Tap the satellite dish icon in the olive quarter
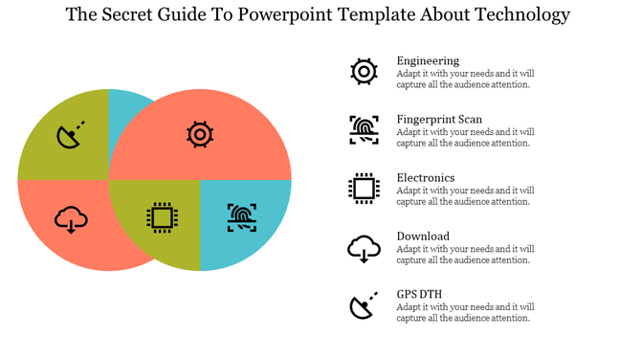[71, 135]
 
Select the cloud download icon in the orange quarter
[71, 220]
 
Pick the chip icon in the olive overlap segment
[162, 218]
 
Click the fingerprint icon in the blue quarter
[242, 217]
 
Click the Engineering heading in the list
[428, 61]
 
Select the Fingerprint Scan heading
[439, 119]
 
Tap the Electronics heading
[426, 177]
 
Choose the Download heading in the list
[423, 236]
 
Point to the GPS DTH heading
[420, 294]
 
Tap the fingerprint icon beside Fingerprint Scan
[364, 129]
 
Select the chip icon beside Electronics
[364, 188]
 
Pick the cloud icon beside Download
[364, 249]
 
